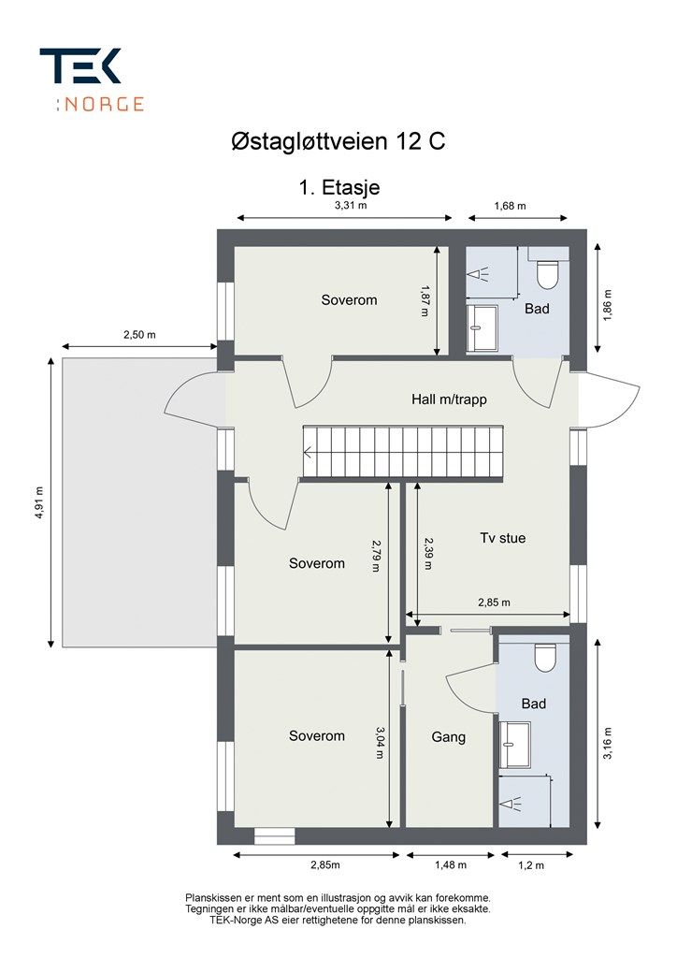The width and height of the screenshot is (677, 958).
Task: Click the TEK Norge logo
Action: pos(92,80)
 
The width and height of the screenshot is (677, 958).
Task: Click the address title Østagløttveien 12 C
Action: pos(338,142)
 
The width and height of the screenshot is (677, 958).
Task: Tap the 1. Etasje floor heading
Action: pos(339,187)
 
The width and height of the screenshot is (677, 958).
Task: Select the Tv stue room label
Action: pos(502,538)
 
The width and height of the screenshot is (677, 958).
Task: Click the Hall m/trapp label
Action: pos(449,399)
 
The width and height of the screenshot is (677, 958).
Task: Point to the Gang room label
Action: pos(449,737)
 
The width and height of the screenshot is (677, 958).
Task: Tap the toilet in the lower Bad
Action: pos(545,655)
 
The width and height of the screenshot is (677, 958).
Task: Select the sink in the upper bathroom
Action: pos(483,328)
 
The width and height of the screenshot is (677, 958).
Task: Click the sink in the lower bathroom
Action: pos(514,745)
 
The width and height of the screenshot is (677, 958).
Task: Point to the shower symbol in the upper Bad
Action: pos(478,274)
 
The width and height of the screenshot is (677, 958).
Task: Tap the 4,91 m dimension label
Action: pos(39,502)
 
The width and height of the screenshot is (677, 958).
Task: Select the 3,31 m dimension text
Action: pos(351,206)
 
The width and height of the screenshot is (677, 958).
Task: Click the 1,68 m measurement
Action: pos(510,206)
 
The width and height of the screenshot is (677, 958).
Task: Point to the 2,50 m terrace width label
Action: pos(140,335)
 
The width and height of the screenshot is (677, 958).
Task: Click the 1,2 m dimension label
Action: pos(531,864)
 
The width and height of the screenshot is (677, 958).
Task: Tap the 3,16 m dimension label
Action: pos(608,743)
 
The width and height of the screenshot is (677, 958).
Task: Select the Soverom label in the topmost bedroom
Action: pos(349,300)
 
